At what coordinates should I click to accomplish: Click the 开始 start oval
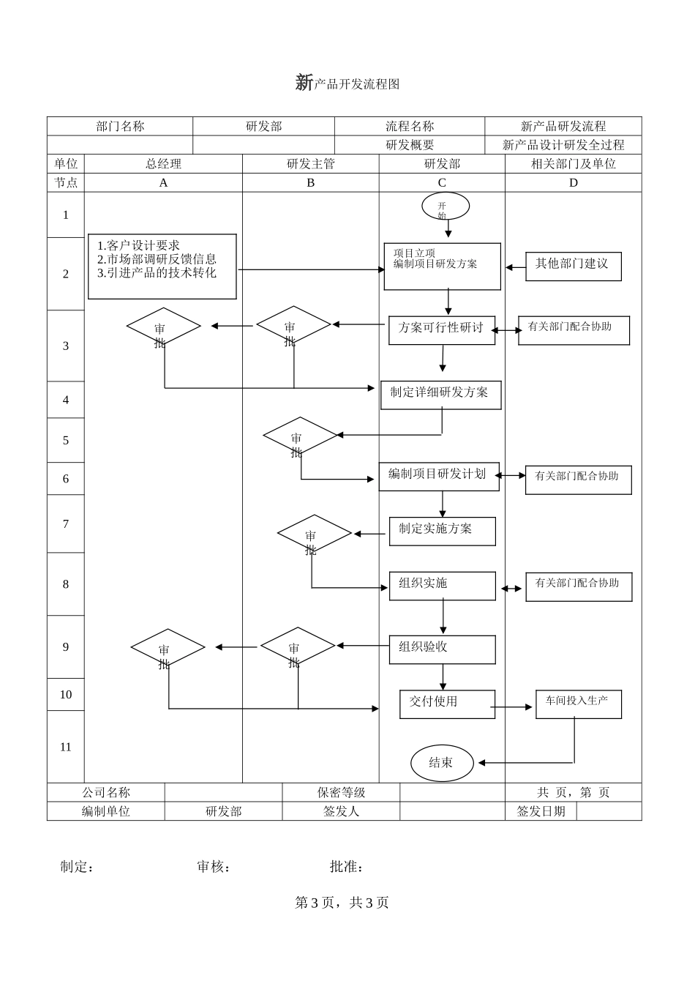445,206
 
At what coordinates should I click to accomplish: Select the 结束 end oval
441,763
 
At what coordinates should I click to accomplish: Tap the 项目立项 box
443,266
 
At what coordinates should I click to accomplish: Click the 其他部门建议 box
573,266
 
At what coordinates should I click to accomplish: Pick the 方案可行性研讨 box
441,329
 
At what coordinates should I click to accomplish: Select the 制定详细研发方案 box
440,395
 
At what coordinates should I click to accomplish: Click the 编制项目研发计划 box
438,476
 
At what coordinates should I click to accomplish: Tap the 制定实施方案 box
442,531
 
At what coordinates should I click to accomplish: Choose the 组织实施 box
442,586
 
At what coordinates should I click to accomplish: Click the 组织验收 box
442,649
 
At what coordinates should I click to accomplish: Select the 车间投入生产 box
578,704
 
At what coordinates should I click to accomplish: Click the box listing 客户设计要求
162,266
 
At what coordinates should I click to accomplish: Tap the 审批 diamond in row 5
300,436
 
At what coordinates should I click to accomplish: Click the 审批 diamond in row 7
314,534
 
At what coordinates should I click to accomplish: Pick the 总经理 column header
163,164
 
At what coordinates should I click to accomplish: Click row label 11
66,747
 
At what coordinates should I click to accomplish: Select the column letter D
573,183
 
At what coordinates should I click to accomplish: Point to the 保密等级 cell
341,792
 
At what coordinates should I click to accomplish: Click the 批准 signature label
346,867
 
